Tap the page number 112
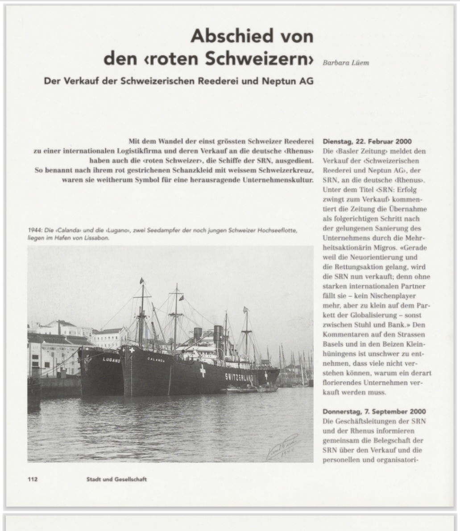33,479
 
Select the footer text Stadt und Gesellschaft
116,479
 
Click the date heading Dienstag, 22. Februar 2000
367,142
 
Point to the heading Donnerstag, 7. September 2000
374,411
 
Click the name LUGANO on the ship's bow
112,359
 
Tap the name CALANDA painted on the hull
156,359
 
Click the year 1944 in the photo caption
34,230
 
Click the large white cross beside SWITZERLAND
203,371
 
